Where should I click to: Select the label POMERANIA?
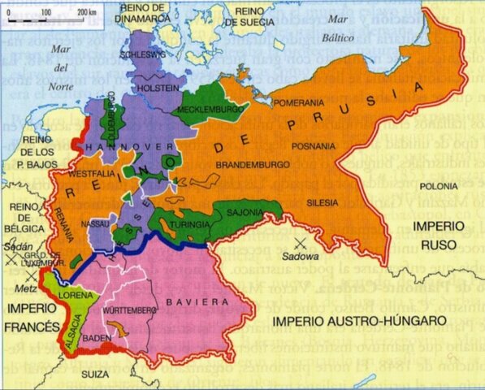click(298, 103)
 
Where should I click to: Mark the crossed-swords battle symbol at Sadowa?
click(301, 242)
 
